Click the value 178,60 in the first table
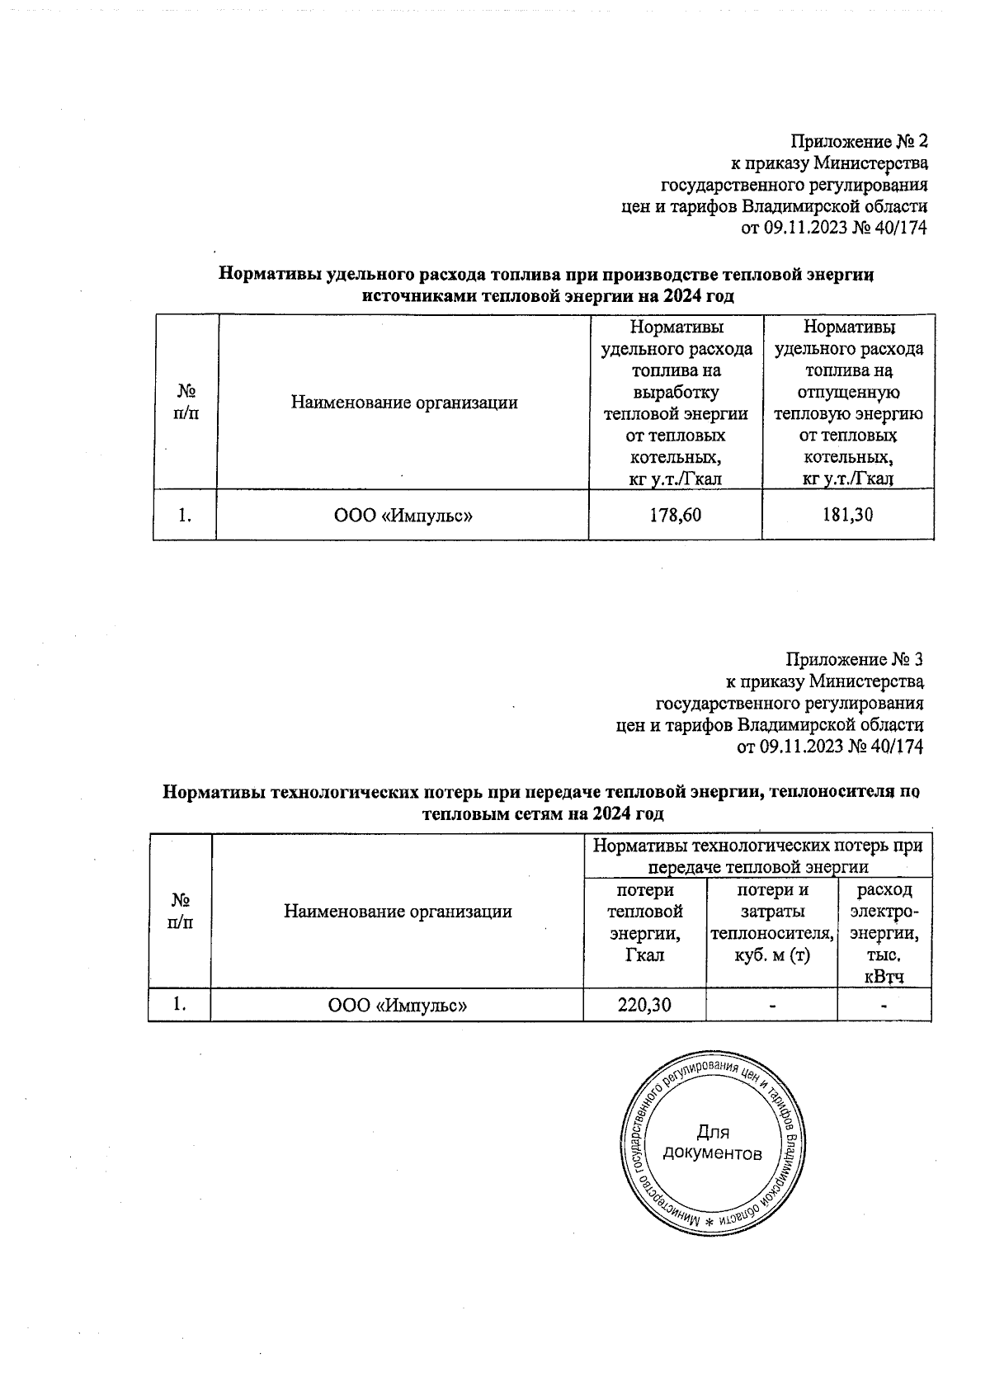(x=675, y=516)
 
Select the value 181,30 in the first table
(x=847, y=516)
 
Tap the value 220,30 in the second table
(x=644, y=1005)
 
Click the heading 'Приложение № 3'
(x=854, y=660)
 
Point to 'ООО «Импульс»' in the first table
(x=403, y=516)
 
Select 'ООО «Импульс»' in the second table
(x=398, y=1006)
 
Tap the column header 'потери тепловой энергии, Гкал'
(x=644, y=922)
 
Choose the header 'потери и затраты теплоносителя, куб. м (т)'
(x=771, y=922)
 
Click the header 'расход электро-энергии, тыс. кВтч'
(x=884, y=933)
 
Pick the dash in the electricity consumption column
(x=884, y=1006)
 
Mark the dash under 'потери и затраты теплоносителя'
(x=771, y=1006)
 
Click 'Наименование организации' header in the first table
(x=403, y=403)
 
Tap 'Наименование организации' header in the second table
(x=398, y=912)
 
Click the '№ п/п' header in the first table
(x=185, y=403)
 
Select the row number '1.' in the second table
(x=179, y=1005)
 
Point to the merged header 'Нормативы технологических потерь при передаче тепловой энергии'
(x=757, y=856)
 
